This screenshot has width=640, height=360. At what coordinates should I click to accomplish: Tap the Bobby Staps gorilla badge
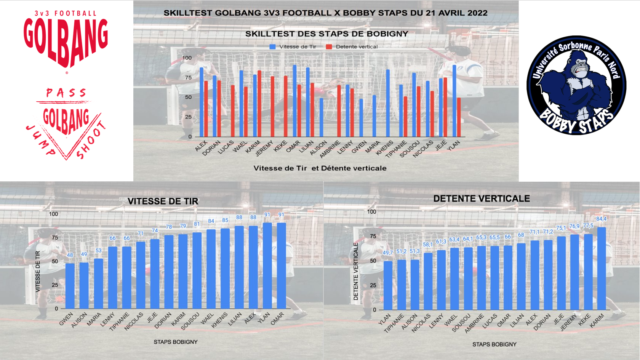tap(576, 85)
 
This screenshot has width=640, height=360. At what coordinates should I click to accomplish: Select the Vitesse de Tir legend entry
tap(293, 47)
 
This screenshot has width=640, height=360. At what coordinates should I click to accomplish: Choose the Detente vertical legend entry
tap(352, 47)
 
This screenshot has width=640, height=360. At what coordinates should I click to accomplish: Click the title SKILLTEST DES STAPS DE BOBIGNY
tap(326, 34)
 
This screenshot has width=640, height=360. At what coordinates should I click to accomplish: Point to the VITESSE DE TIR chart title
tap(163, 202)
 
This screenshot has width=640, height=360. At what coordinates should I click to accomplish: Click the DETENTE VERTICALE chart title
tap(482, 199)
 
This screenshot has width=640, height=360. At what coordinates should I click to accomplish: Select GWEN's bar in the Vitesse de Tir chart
tap(70, 286)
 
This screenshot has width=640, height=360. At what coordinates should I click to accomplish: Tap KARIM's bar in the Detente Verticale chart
tap(602, 269)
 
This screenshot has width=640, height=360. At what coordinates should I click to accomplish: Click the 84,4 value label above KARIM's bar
tap(602, 219)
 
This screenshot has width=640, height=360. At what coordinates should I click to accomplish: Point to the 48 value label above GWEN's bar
tap(70, 256)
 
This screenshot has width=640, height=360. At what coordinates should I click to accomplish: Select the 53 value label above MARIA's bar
tap(99, 251)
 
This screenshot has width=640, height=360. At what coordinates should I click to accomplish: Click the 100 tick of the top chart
tap(187, 58)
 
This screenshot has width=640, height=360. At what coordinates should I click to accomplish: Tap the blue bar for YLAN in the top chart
tap(454, 101)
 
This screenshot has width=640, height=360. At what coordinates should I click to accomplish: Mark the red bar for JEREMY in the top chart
tap(272, 107)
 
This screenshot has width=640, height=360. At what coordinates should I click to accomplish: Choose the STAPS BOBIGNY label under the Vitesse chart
tap(176, 342)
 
